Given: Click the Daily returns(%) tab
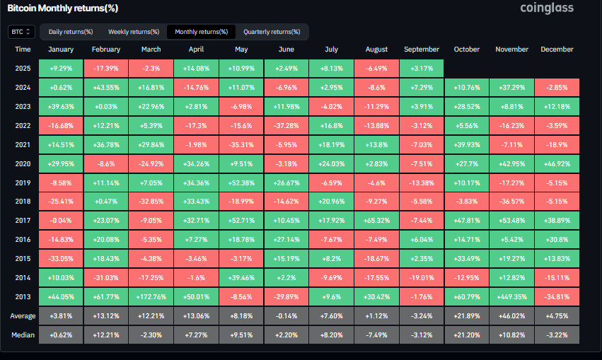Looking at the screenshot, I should (70, 32).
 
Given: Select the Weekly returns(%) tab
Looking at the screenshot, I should (134, 32).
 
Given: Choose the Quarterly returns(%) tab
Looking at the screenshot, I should (272, 32).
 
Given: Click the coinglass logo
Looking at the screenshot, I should (547, 8).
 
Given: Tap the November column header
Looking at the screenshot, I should (511, 50).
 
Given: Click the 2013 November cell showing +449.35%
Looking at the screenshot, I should (511, 296).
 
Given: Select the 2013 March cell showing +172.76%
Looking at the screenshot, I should (151, 296).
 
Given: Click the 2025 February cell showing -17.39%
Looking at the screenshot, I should (106, 69).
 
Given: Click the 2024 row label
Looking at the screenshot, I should (23, 86).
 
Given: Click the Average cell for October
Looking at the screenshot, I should (466, 315).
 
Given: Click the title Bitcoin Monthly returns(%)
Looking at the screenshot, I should (63, 8).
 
